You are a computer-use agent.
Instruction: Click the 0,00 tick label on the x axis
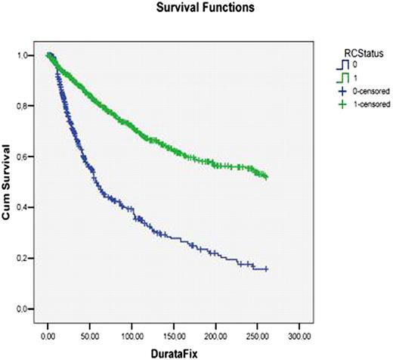(48, 333)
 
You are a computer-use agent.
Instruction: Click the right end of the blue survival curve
(267, 269)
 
